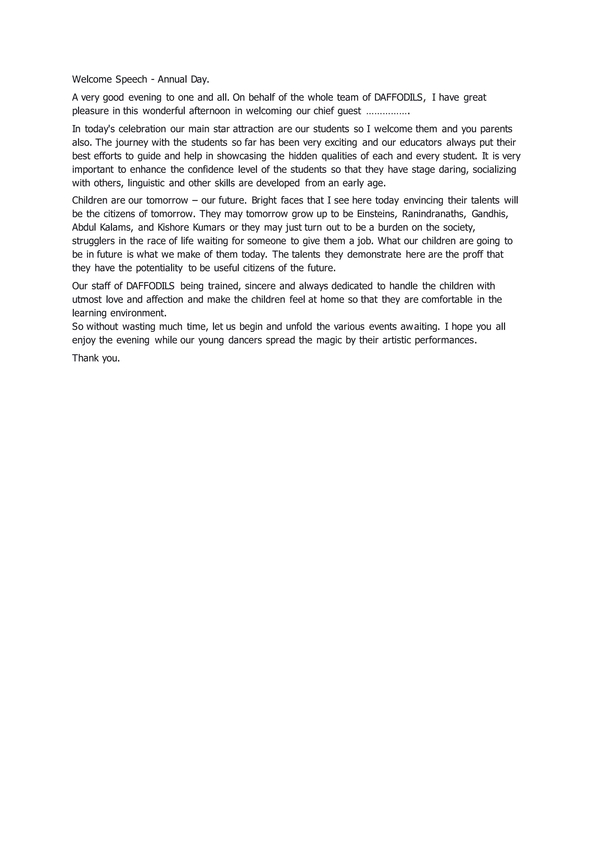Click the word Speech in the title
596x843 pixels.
coord(131,79)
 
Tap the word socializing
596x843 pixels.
coord(494,170)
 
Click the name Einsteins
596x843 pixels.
coord(377,214)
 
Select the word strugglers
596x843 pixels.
coord(93,241)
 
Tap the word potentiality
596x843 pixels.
coord(159,268)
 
